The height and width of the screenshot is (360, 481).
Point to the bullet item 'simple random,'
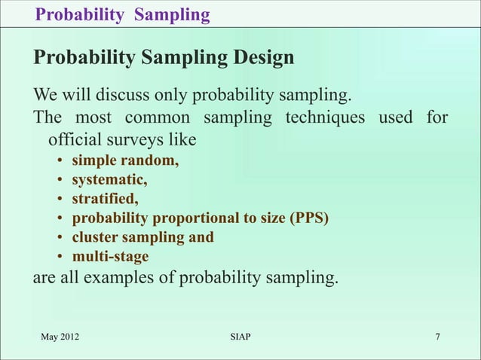click(125, 160)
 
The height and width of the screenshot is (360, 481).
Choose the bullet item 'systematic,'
click(109, 179)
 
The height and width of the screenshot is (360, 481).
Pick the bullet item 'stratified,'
click(106, 199)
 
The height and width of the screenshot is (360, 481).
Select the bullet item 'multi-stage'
click(110, 257)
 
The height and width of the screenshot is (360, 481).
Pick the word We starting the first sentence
click(44, 96)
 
